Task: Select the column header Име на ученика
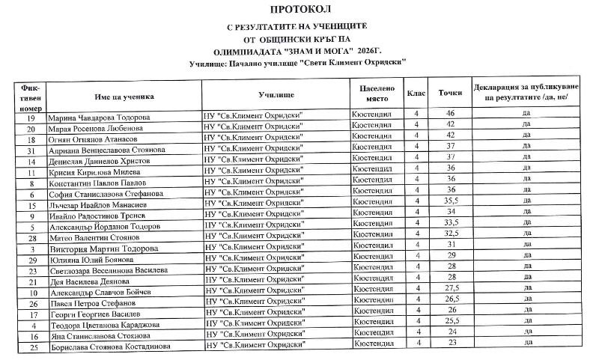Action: pos(124,96)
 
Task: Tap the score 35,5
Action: pos(451,201)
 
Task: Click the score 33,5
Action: pos(451,222)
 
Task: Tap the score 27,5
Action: pos(451,287)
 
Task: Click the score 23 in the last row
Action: pos(451,342)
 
